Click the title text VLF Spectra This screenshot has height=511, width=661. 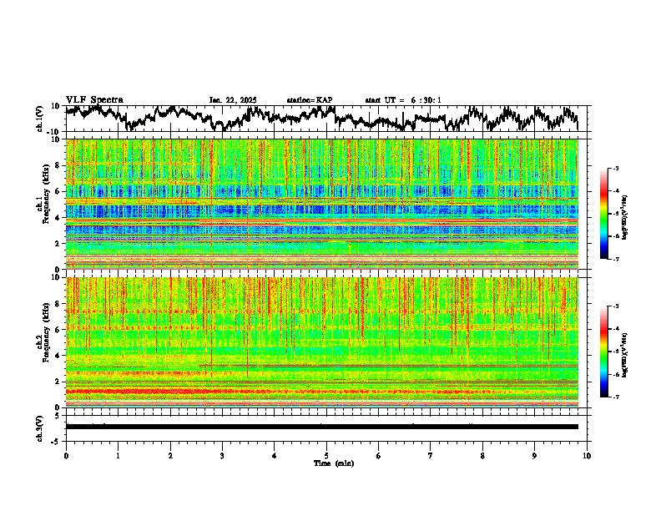pos(94,99)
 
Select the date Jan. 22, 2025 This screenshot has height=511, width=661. pos(232,100)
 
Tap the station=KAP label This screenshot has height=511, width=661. pos(309,100)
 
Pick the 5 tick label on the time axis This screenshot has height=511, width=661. pos(326,455)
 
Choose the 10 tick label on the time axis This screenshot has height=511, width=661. pos(587,455)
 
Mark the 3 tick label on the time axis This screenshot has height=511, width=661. pos(222,455)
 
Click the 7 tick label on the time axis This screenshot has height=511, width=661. pos(431,455)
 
